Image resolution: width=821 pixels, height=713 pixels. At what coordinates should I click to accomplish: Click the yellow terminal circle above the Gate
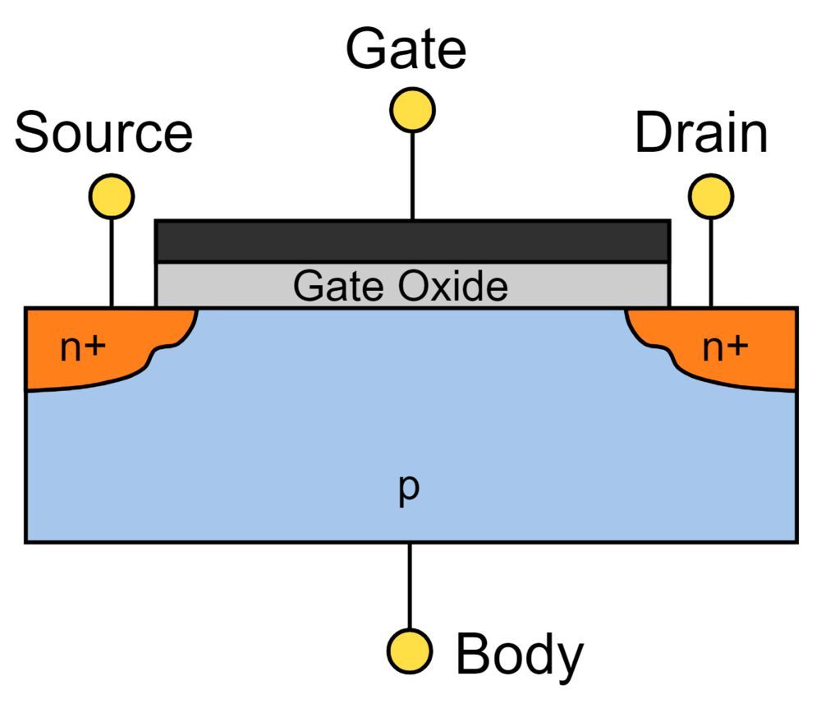tap(412, 110)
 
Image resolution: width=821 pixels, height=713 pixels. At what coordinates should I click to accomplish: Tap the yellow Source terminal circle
tap(110, 196)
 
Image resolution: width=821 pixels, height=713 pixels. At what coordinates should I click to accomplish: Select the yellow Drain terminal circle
tap(711, 196)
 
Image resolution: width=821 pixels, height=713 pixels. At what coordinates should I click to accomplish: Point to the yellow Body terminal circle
tap(410, 651)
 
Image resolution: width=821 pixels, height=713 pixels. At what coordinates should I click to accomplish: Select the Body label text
tap(519, 655)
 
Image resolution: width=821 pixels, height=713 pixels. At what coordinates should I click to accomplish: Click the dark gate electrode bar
tap(412, 241)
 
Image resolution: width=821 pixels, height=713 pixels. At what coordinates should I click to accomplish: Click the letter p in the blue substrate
tap(409, 488)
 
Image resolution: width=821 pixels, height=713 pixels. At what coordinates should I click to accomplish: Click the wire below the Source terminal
tap(110, 262)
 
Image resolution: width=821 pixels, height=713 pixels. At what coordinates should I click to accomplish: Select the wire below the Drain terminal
tap(711, 262)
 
